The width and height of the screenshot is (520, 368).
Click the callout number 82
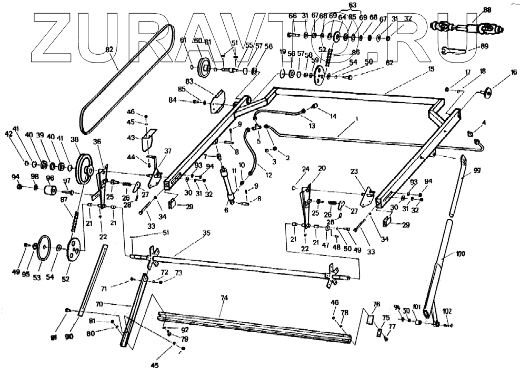109,50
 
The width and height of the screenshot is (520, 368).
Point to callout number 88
487,10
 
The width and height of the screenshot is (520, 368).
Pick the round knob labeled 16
489,94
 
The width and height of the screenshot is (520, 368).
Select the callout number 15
431,69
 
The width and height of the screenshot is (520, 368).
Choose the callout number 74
224,298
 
